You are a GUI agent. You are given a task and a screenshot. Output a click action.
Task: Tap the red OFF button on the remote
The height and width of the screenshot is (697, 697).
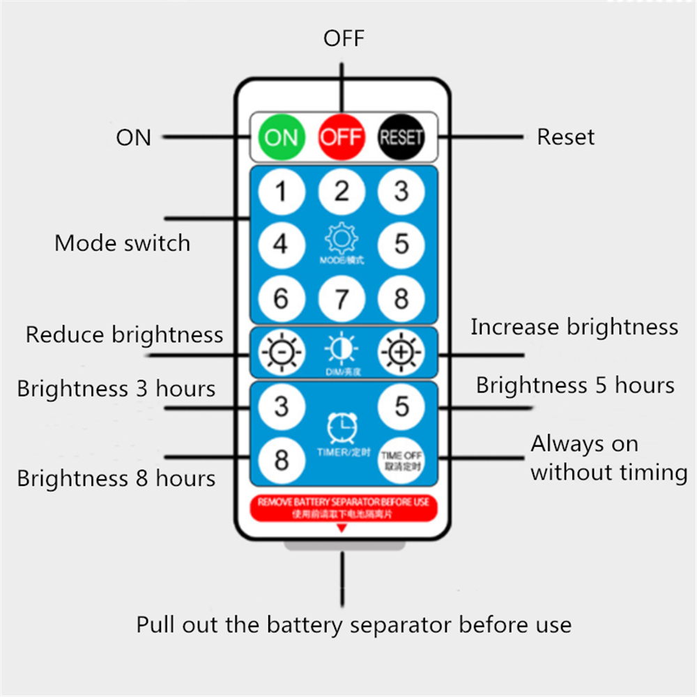(341, 137)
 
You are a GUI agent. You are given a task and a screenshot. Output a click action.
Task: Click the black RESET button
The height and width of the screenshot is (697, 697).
(401, 137)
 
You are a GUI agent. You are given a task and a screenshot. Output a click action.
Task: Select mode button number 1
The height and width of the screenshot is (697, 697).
(281, 190)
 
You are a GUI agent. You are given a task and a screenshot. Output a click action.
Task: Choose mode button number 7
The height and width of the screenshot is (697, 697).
(341, 298)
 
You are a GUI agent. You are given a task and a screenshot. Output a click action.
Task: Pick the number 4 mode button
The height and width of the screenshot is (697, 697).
(281, 244)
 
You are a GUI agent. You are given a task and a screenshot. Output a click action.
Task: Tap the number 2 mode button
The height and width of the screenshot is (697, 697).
(341, 190)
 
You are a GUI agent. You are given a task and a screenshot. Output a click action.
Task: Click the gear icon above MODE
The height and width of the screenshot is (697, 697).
(341, 239)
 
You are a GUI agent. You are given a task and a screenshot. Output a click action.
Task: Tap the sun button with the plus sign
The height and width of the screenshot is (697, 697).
(401, 353)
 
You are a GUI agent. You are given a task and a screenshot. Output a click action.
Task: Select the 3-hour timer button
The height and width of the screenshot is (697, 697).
(281, 406)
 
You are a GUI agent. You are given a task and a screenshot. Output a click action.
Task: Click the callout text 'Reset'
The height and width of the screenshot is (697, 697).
(565, 137)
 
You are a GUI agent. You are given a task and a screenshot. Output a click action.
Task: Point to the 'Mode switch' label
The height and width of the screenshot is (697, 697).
(122, 243)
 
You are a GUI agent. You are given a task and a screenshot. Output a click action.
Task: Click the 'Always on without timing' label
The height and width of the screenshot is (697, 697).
(608, 458)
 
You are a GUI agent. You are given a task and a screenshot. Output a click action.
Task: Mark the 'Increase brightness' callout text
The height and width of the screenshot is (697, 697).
(574, 327)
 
